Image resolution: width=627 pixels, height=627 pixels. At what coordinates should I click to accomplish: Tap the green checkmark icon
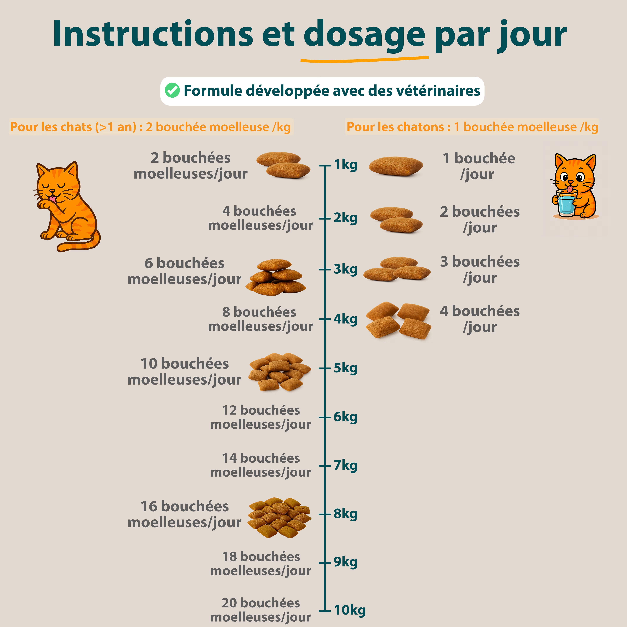(172, 90)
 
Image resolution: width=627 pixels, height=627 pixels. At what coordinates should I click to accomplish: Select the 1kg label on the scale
(346, 165)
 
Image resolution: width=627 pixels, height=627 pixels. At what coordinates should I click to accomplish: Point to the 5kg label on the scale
(346, 368)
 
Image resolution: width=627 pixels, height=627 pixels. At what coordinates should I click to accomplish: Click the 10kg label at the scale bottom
(350, 610)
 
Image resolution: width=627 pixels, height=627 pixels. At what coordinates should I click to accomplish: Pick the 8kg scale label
(346, 514)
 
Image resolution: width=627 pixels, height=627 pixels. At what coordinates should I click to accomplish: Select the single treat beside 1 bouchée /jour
(396, 166)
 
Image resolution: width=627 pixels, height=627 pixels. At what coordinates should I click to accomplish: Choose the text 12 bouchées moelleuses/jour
(261, 417)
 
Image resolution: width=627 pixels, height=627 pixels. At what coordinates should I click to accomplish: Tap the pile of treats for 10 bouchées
(279, 372)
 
